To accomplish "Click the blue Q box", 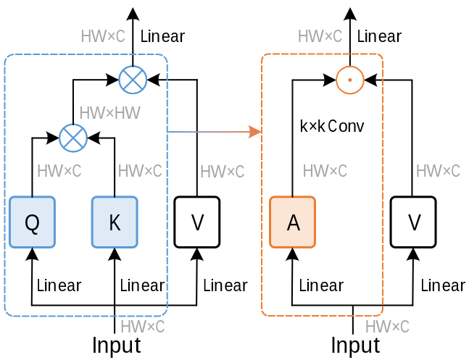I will tap(32, 222).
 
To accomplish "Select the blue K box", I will tap(114, 222).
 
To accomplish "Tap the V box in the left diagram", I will tap(197, 222).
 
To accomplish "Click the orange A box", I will tap(293, 222).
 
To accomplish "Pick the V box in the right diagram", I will tap(414, 222).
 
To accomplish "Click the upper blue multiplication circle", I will tap(133, 79).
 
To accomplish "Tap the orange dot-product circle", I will tap(350, 79).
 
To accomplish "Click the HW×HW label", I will tap(109, 112).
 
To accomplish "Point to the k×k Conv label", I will tap(332, 126).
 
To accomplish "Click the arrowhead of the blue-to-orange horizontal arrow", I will tap(255, 131).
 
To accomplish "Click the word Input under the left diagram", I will tap(116, 346).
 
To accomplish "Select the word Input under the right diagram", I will tap(355, 346).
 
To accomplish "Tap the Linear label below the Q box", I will tap(59, 285).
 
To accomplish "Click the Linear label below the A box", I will tap(321, 285).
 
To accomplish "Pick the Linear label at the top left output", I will tap(162, 36).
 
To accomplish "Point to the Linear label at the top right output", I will tap(379, 36).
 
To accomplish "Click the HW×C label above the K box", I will tap(140, 172).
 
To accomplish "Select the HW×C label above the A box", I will tap(325, 172).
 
